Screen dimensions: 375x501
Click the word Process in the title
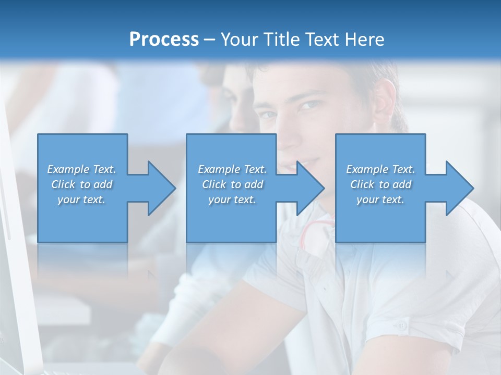point(164,39)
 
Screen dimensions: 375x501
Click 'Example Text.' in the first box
point(82,169)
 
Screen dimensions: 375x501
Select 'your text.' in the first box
point(82,199)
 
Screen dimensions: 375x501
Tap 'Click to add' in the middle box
point(232,184)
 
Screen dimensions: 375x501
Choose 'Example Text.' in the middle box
point(232,169)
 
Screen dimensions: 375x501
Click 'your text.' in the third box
point(380,199)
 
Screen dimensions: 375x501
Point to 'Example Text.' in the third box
point(380,169)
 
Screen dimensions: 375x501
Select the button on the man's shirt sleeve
point(400,326)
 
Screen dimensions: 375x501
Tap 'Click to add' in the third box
point(380,184)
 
